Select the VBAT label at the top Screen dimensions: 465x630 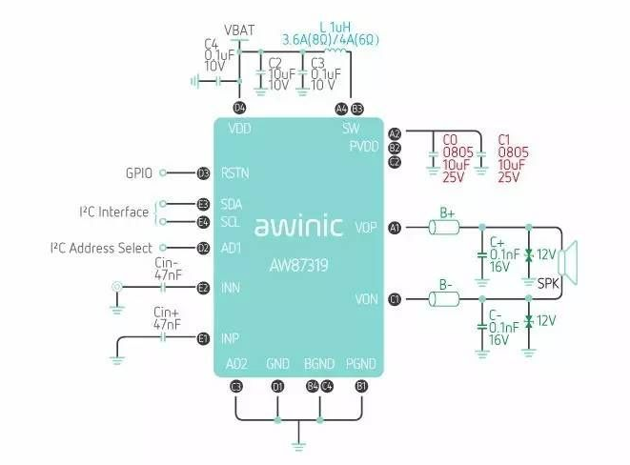coord(239,30)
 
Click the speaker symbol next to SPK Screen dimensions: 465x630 coord(570,260)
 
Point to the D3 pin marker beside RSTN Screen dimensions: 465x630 coord(203,173)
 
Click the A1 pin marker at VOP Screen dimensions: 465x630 coord(395,228)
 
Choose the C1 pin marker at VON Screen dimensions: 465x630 coord(395,299)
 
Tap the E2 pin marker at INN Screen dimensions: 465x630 coord(203,287)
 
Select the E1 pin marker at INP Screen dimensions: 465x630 coord(203,338)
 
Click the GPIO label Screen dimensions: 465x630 coord(141,173)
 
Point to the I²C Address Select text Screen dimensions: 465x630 coord(101,248)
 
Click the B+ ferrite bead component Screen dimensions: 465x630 coord(443,228)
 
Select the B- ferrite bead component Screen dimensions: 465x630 coord(443,299)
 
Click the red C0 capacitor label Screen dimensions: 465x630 coord(453,139)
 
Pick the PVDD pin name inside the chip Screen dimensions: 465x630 coord(363,147)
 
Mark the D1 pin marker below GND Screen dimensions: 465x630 coord(277,386)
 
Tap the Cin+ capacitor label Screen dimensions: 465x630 coord(167,313)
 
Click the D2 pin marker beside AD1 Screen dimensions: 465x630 coord(203,248)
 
